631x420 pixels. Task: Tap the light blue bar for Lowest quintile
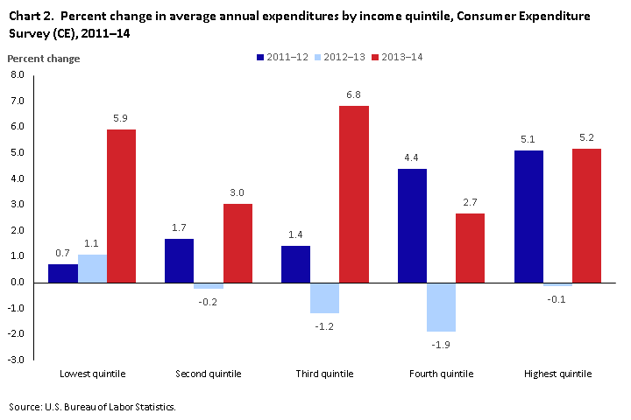coord(92,269)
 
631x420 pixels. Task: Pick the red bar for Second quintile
coord(238,243)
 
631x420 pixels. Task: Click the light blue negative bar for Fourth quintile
coord(441,307)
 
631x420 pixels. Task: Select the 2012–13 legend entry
coord(341,57)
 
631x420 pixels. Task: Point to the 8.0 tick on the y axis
coord(18,75)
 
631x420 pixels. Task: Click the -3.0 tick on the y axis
coord(18,360)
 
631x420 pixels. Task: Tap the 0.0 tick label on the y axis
coord(18,283)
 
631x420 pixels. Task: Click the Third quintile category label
coord(325,374)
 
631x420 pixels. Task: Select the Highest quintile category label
coord(557,374)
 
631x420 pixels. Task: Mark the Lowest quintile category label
coord(92,374)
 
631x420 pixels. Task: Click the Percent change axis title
coord(43,59)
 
